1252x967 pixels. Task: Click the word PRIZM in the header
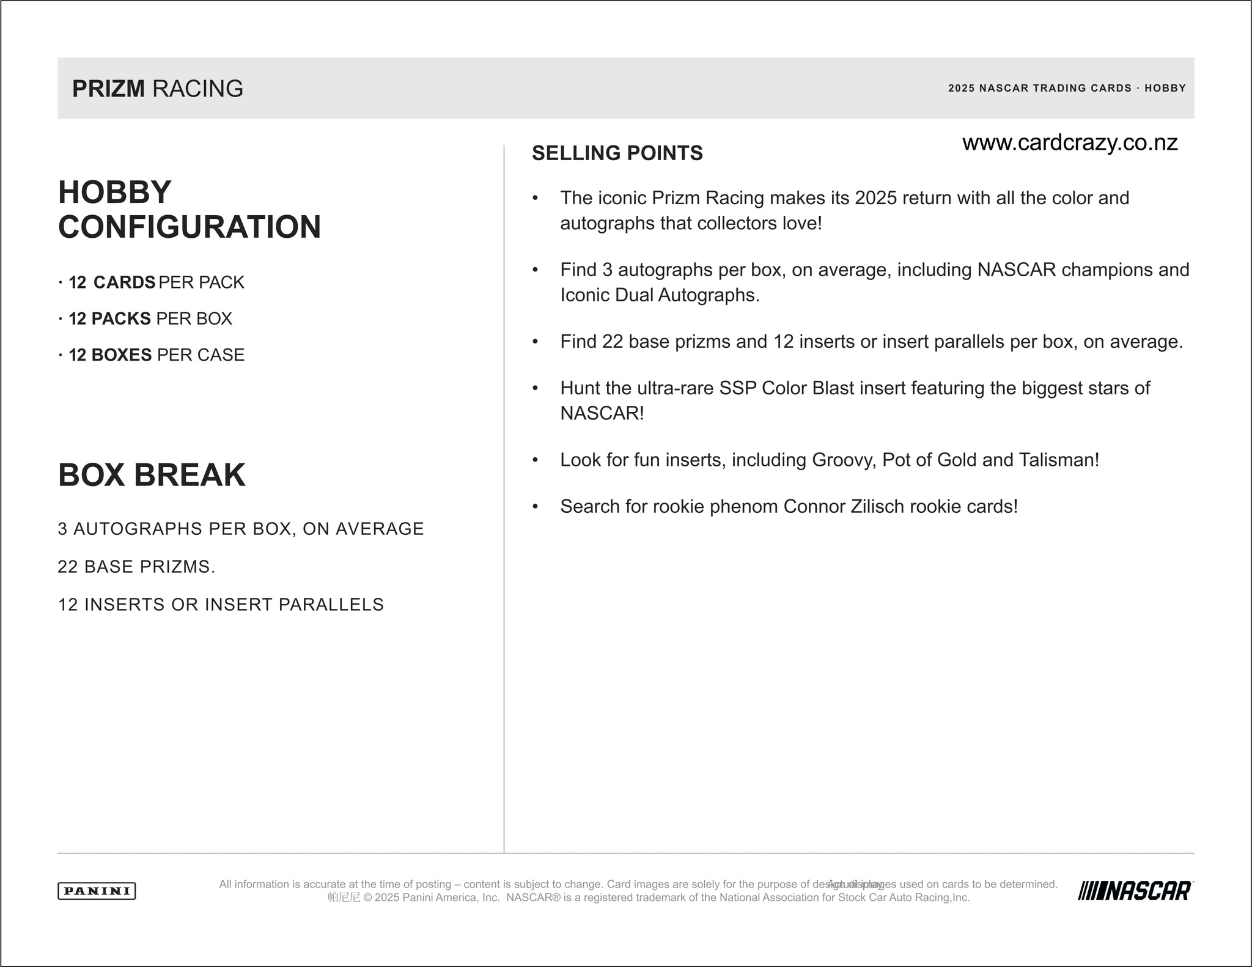coord(108,89)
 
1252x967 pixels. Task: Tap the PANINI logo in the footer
coord(97,891)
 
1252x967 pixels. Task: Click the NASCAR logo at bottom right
coord(1135,891)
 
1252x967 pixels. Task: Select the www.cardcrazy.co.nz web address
coord(1070,142)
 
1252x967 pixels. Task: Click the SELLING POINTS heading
coord(617,153)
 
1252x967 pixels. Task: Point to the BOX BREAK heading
coord(152,475)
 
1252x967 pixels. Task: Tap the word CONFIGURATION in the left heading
coord(190,227)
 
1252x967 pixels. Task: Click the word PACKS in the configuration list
coord(121,318)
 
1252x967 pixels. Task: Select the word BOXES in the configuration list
coord(121,355)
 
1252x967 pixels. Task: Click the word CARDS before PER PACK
coord(124,282)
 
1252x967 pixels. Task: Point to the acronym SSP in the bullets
coord(738,388)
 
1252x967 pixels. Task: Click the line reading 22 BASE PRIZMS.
coord(136,567)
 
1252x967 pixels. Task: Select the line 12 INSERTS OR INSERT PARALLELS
coord(221,605)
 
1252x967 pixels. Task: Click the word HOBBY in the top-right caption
coord(1165,88)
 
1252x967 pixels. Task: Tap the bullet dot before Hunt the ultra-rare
coord(535,388)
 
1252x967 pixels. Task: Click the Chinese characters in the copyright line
coord(344,897)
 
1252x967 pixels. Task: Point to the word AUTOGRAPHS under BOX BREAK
coord(138,529)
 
